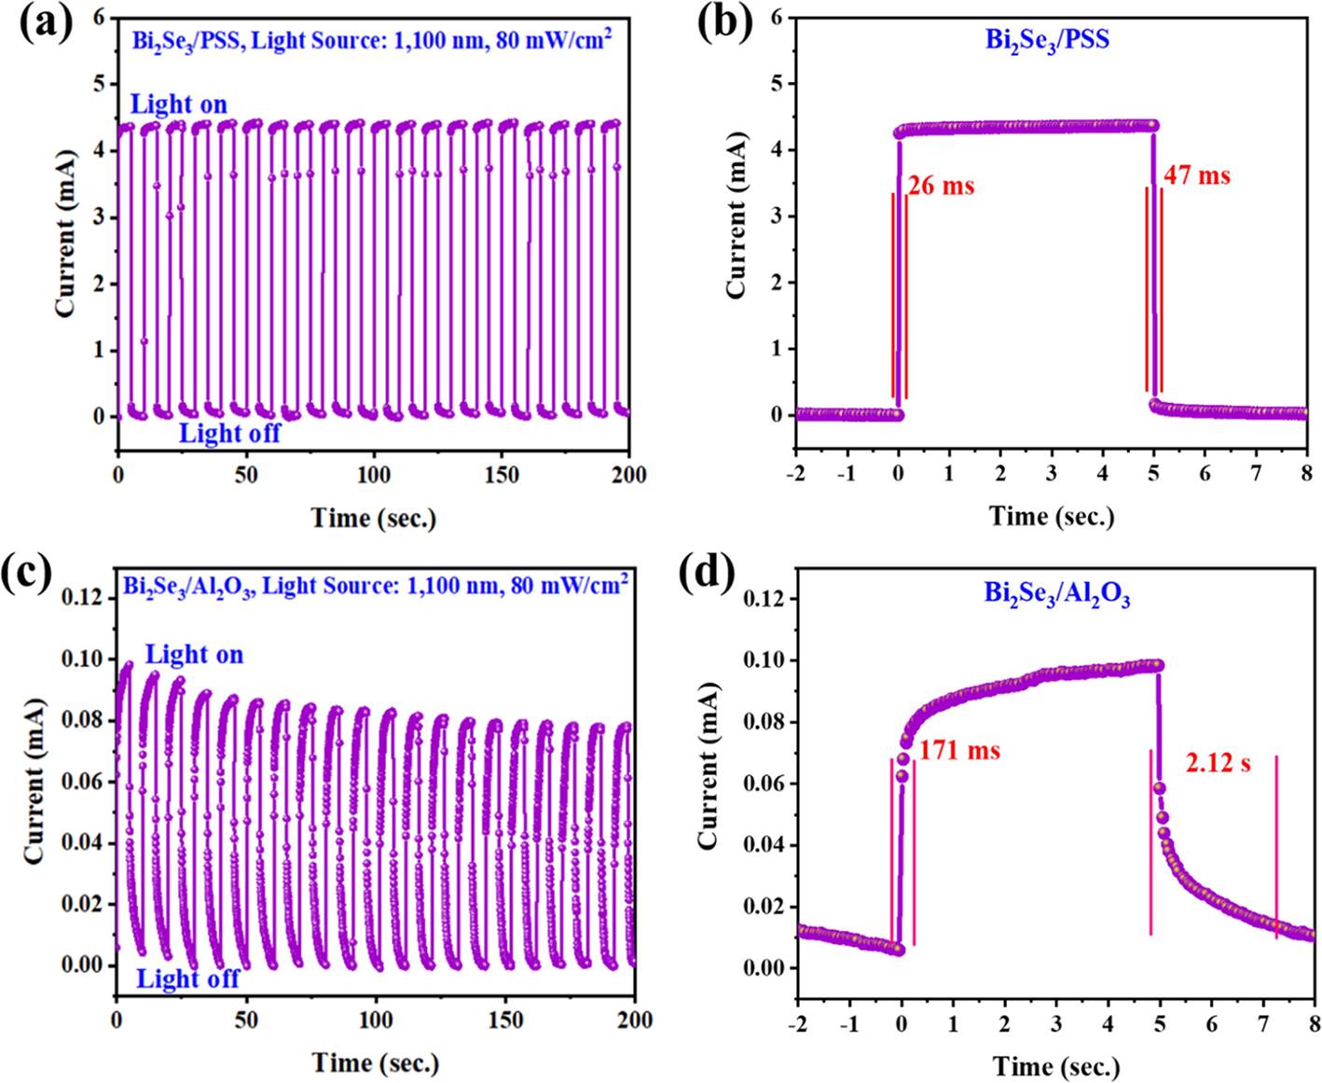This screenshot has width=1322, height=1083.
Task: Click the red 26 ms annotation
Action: tap(941, 186)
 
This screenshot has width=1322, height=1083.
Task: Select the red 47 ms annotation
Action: tap(1196, 174)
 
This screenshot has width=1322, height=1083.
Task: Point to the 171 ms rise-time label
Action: tap(959, 749)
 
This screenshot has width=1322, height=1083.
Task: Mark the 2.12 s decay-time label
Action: tap(1218, 763)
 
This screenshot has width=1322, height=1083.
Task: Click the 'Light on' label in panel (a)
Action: tap(178, 104)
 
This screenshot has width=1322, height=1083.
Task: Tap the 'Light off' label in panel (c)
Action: tap(187, 978)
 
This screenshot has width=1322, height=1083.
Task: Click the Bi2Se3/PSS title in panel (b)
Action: tap(1048, 40)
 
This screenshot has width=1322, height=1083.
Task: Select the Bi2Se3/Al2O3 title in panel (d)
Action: tap(1057, 593)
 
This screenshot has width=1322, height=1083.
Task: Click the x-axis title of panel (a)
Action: tap(373, 517)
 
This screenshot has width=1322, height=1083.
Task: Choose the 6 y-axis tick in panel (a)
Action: tap(99, 18)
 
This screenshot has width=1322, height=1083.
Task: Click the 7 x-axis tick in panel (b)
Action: tap(1256, 474)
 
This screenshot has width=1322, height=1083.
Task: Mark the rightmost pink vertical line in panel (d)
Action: tap(1276, 846)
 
